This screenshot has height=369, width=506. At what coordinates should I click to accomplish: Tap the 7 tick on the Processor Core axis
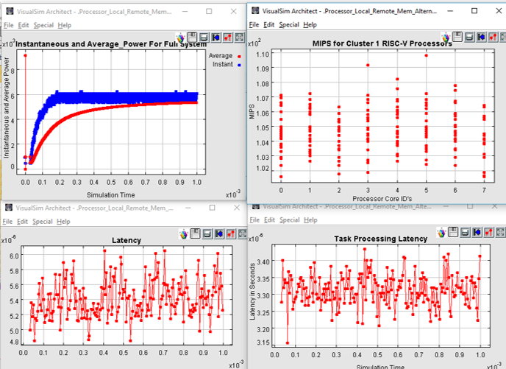tap(485, 190)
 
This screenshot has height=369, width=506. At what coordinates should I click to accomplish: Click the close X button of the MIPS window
tap(493, 12)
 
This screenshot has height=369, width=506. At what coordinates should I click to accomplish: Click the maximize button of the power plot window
tap(209, 12)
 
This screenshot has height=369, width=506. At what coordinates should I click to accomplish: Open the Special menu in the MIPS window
tap(288, 24)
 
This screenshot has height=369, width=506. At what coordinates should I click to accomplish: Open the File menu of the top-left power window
tap(8, 24)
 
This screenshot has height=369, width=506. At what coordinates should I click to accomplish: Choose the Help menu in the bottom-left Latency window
tap(64, 221)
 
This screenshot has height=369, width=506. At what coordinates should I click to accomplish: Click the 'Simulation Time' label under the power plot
tap(111, 194)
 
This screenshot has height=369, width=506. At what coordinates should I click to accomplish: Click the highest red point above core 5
tap(426, 55)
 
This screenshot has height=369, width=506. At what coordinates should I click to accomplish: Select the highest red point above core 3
tap(368, 66)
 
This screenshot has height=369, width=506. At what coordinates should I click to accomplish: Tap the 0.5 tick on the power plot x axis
tap(111, 181)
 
